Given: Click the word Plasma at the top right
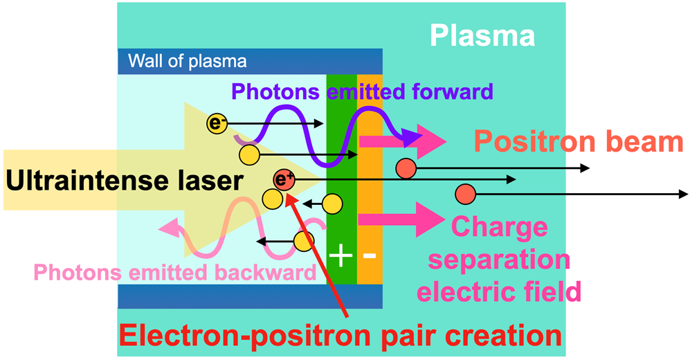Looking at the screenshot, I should [482, 34].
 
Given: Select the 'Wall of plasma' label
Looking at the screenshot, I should [188, 61].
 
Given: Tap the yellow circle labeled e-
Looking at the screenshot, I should [217, 124].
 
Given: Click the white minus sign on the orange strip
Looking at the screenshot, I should [369, 255].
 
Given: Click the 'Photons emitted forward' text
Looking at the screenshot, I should [362, 91].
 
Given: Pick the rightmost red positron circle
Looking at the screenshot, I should [464, 194].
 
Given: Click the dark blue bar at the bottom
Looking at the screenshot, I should [250, 296].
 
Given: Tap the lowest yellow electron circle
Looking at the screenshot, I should [303, 241].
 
